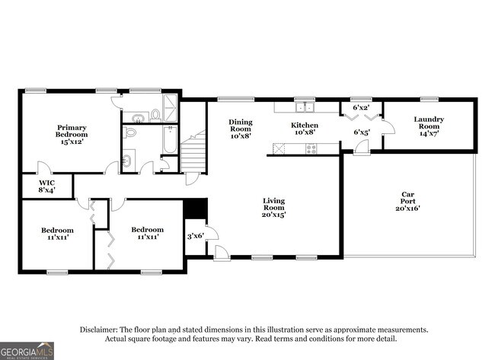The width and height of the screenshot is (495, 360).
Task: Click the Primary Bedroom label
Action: pos(71,134)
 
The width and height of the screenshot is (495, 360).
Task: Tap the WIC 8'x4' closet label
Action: pos(46,186)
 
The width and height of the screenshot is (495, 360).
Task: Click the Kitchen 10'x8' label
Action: pos(305,129)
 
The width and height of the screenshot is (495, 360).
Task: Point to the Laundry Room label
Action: pos(429,123)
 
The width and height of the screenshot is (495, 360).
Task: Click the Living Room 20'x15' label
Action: pos(273,206)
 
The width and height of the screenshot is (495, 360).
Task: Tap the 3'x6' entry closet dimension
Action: pos(195,236)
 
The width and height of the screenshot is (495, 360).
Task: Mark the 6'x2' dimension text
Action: pos(361,107)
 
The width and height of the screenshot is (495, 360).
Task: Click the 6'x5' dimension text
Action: pos(361,132)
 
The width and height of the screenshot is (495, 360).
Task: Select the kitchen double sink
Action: pos(305,107)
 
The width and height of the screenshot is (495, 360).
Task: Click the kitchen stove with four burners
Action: pos(311,148)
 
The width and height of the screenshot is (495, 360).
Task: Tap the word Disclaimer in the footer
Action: pos(100,330)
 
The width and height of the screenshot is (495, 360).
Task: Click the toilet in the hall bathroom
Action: pos(131,132)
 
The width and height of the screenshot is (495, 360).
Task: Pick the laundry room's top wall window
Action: pos(429,98)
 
